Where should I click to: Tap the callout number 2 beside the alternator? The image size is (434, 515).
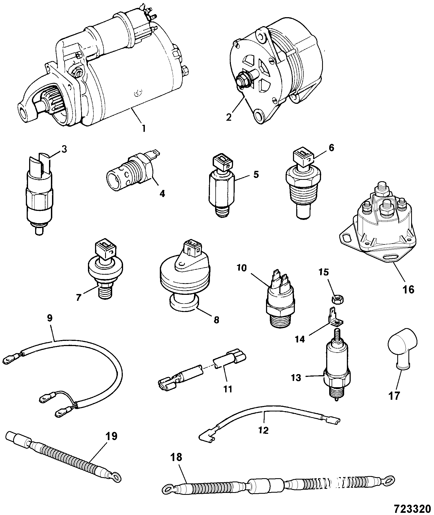click(x=229, y=117)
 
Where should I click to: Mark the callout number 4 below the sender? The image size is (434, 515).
click(x=162, y=193)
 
